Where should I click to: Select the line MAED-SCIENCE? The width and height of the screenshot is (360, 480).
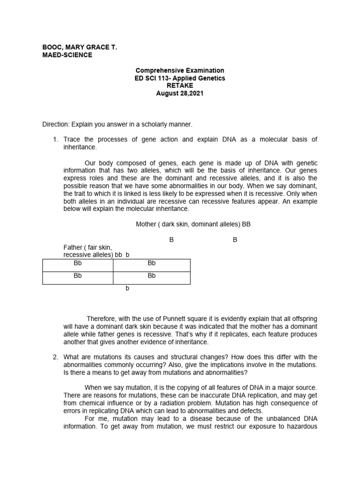click(x=67, y=55)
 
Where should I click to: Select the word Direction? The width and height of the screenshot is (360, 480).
click(x=55, y=124)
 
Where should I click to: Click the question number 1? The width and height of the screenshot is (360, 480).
click(x=55, y=139)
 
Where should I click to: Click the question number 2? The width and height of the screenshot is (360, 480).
click(x=55, y=357)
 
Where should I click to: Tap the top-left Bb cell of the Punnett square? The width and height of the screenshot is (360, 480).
click(x=78, y=263)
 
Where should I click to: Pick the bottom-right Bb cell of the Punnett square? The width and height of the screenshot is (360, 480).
click(x=151, y=276)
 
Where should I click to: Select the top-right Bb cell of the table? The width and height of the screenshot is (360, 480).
click(x=151, y=263)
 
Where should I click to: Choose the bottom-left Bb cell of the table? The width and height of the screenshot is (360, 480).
click(x=78, y=276)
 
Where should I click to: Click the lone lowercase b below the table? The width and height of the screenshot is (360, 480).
click(x=127, y=288)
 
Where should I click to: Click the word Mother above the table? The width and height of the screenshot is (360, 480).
click(x=146, y=224)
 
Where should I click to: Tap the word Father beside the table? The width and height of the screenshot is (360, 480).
click(x=74, y=247)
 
